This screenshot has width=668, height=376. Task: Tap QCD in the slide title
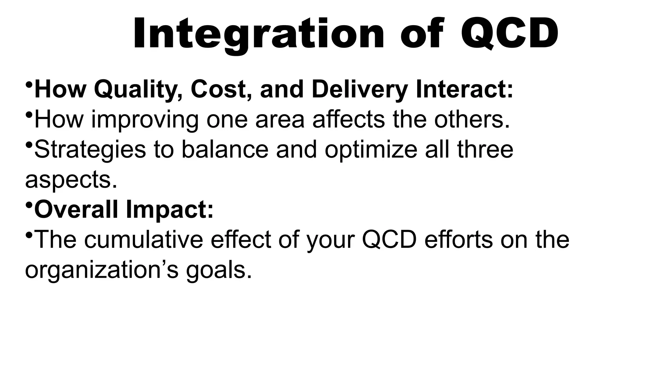click(x=509, y=34)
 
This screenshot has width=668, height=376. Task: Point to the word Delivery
click(x=359, y=89)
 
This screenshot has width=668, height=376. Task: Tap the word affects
click(x=348, y=119)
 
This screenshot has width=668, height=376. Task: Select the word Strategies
click(x=90, y=149)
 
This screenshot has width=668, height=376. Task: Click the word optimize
click(x=371, y=150)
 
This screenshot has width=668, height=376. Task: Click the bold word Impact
click(x=170, y=210)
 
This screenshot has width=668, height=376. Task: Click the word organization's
click(x=101, y=270)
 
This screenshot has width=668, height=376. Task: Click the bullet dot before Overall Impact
click(x=29, y=205)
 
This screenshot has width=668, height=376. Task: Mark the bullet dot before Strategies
click(x=29, y=145)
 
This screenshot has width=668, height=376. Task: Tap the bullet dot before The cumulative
click(x=29, y=235)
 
